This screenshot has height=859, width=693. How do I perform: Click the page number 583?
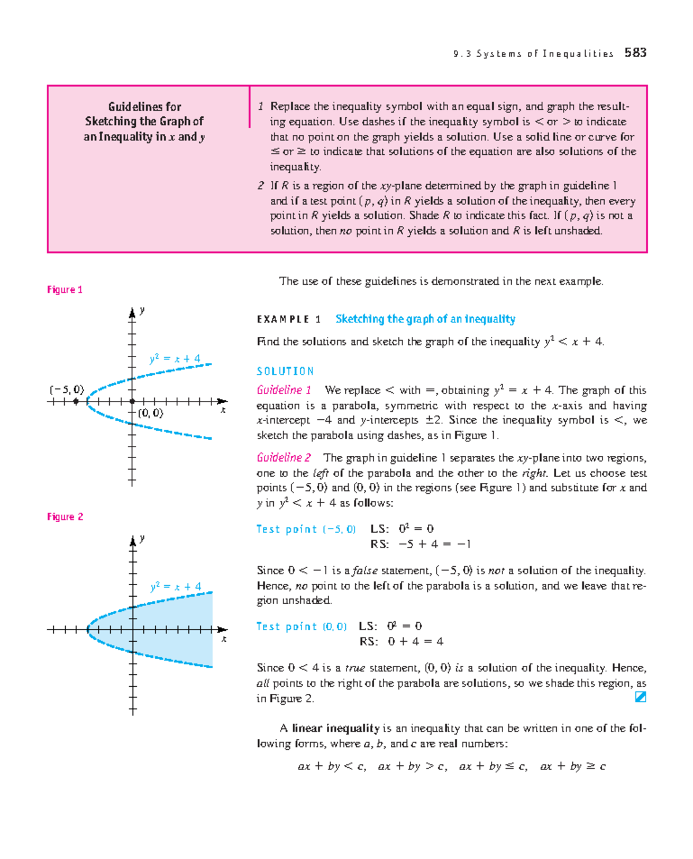click(x=635, y=53)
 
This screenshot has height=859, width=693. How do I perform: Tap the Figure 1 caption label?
click(x=65, y=289)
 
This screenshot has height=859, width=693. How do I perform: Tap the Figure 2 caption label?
click(x=65, y=516)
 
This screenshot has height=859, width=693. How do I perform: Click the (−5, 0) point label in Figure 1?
click(x=66, y=389)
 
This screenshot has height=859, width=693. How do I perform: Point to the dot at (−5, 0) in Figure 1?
click(x=76, y=401)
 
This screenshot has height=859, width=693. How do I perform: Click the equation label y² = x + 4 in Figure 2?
click(x=176, y=586)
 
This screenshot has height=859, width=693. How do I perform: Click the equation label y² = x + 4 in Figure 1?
click(x=174, y=359)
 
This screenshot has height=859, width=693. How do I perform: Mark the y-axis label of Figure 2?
click(x=142, y=538)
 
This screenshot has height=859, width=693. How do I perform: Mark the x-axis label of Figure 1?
click(x=223, y=410)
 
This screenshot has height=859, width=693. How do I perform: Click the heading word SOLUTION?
click(x=285, y=371)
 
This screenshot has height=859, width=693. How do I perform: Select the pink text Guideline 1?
click(x=284, y=390)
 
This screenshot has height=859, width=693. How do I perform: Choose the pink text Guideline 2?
click(x=284, y=458)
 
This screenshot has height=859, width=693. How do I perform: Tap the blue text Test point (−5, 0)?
click(x=306, y=529)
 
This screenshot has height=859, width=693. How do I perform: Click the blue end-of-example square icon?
click(x=640, y=697)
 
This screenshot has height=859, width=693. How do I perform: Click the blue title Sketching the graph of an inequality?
click(x=425, y=319)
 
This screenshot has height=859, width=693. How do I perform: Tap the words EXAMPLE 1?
click(x=288, y=319)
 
